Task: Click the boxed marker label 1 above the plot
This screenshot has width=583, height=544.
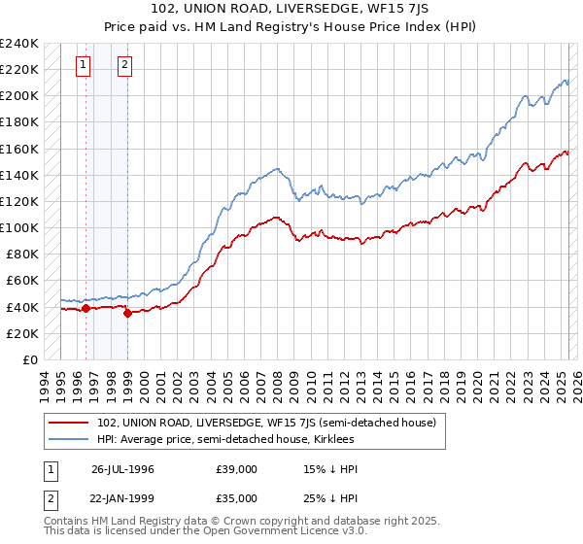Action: (85, 66)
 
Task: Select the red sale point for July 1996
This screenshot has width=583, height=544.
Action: (86, 309)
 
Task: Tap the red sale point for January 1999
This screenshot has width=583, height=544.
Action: (127, 314)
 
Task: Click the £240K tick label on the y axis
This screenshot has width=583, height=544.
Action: (20, 44)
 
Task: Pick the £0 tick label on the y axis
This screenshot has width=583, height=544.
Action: (29, 359)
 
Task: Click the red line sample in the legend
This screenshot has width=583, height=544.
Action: (70, 424)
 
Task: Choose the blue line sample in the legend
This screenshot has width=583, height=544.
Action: (70, 440)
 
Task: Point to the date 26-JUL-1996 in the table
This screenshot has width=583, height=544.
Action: (123, 468)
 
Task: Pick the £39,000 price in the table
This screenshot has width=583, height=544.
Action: (236, 468)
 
